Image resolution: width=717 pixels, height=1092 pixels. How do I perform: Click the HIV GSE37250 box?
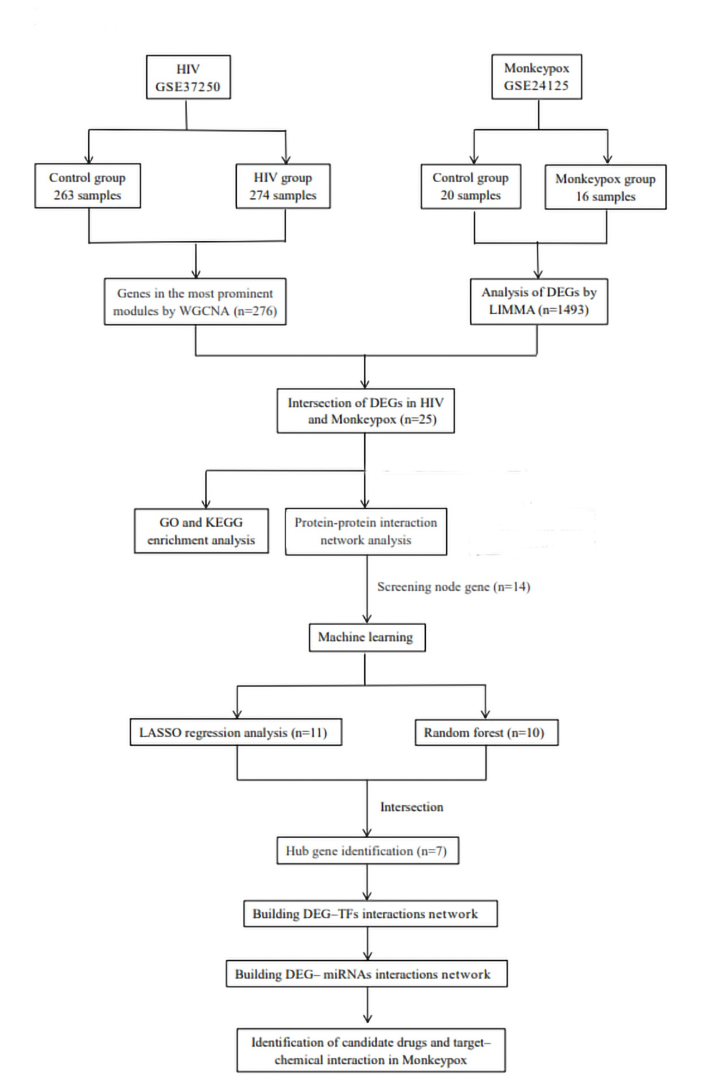coord(188,77)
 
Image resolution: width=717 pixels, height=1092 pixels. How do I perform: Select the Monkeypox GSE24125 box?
coord(536,77)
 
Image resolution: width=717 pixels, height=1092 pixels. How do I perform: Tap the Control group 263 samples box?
coord(87,186)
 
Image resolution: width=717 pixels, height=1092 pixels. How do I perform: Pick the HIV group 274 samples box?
coord(283,186)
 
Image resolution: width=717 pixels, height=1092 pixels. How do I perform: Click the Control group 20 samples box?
coord(470,186)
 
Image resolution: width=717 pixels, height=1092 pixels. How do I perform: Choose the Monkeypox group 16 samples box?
coord(605,187)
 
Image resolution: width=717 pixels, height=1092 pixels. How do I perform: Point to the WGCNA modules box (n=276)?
coord(195,301)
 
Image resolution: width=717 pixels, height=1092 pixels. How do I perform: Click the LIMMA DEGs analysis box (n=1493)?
coord(539,301)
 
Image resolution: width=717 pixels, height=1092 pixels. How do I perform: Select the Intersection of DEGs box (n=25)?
coord(365,410)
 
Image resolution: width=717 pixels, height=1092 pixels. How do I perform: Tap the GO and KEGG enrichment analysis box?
coord(201,531)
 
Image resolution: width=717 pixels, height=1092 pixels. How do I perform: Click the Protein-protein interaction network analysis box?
coord(366,531)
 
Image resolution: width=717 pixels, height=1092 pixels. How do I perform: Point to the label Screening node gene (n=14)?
coord(453,586)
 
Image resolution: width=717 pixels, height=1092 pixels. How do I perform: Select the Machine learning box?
coord(367,637)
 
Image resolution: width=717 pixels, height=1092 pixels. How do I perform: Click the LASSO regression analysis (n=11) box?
coord(236,732)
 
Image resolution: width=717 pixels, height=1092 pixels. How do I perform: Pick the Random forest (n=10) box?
coord(486,732)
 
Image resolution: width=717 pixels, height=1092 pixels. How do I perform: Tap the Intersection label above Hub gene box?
coord(411,807)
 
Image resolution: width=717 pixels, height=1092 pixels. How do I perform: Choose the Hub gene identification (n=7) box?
coord(368,850)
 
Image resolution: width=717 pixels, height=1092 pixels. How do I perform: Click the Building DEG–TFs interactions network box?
coord(370,914)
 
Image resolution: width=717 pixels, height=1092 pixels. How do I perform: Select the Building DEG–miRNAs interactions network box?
coord(366,974)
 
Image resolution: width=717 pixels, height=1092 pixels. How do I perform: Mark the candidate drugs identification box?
coord(371,1050)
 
